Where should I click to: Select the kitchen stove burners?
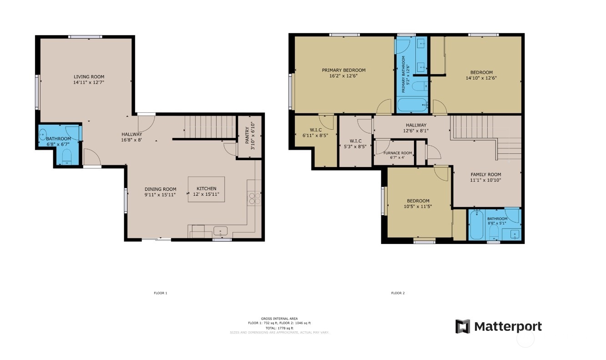(x=255, y=198)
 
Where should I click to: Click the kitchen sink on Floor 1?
(x=221, y=231)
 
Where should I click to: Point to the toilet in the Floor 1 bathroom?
(x=66, y=157)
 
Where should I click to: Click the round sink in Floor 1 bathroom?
(x=42, y=135)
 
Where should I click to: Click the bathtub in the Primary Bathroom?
(x=412, y=105)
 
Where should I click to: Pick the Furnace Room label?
(x=398, y=153)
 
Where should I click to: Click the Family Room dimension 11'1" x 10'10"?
(x=485, y=180)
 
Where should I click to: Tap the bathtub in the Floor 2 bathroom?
(x=477, y=225)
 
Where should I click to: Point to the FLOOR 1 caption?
(x=161, y=293)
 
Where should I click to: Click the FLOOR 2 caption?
(x=398, y=293)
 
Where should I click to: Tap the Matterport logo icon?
(x=463, y=326)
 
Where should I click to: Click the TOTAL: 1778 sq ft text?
(x=279, y=328)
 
